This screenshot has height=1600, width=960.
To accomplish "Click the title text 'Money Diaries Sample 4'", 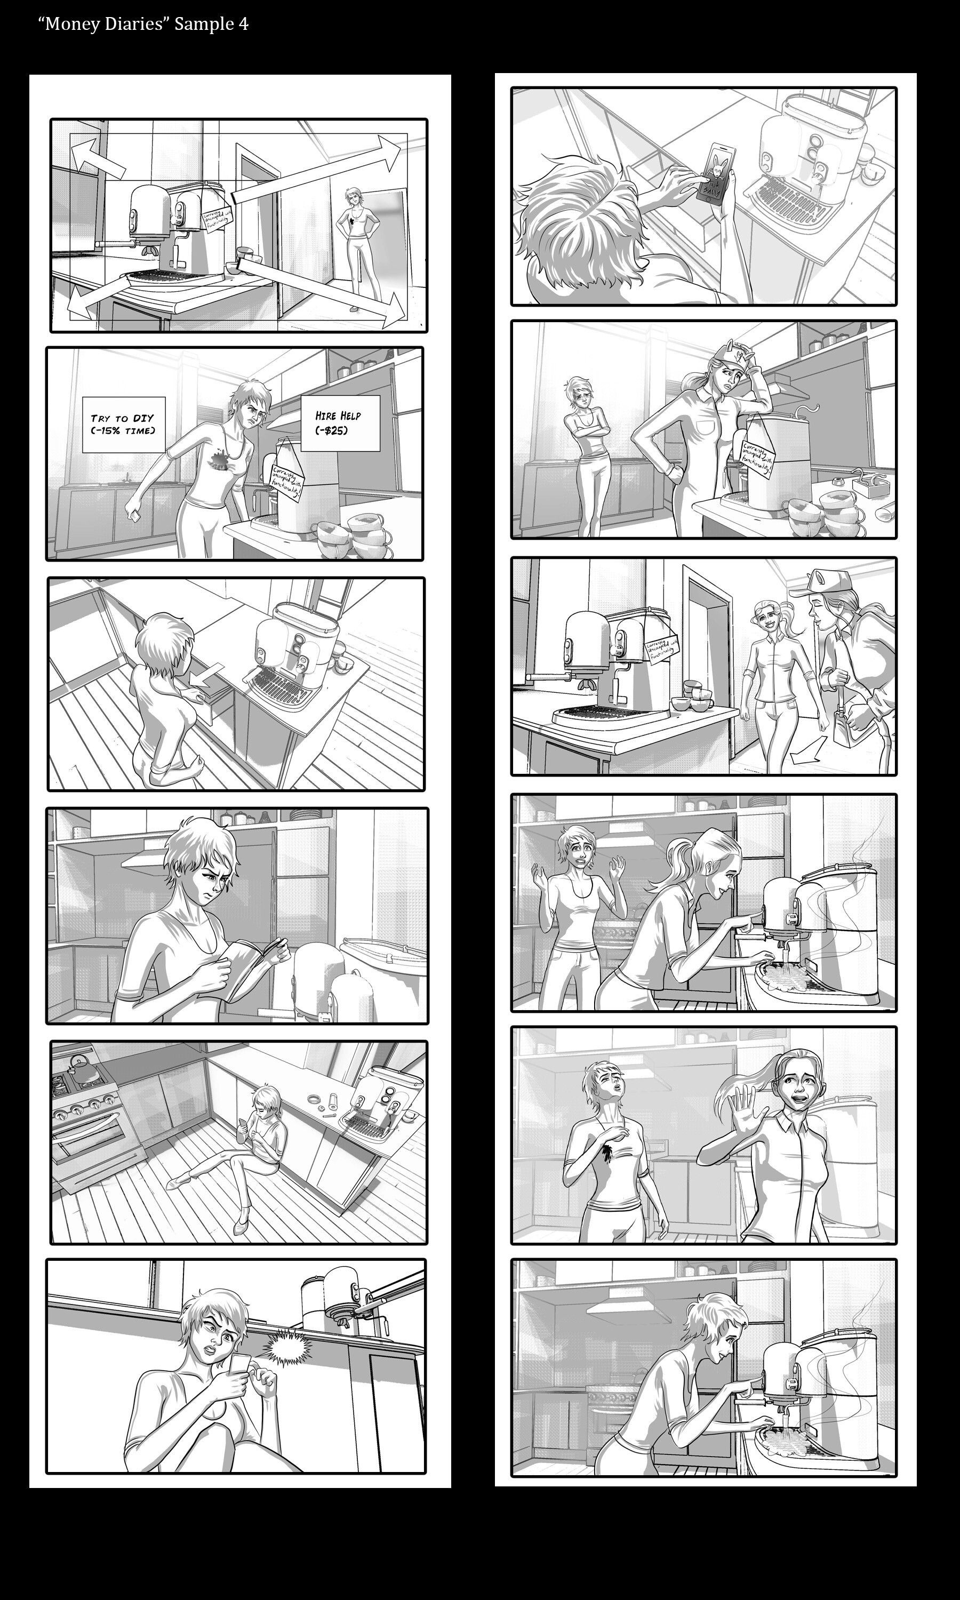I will pos(143,25).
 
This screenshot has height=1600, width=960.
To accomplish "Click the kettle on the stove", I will pos(83,1069).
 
